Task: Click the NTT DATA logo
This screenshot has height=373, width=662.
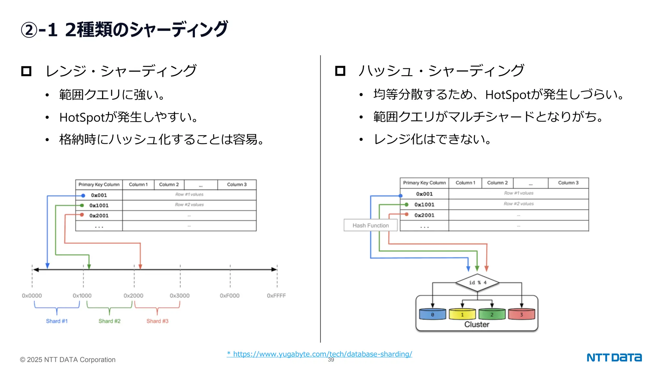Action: coord(614,357)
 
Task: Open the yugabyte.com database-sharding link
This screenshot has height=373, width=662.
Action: coord(319,354)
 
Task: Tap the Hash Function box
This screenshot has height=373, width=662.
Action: coord(370,225)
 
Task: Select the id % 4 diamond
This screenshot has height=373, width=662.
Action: coord(477,283)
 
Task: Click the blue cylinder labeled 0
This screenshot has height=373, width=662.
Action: coord(432,314)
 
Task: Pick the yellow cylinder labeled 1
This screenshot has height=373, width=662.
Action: coord(462,314)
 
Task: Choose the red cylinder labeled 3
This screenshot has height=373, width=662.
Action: coord(521,314)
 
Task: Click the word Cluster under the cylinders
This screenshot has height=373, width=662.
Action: coord(477,324)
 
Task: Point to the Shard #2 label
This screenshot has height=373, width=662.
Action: coord(109,321)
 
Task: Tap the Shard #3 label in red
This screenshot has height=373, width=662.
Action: coord(157,321)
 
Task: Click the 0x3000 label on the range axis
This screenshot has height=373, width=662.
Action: coord(179,296)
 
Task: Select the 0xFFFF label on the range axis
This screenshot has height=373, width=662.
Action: coord(276,296)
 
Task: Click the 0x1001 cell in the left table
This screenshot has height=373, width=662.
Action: coord(99,206)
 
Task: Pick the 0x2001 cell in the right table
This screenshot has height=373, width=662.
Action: coord(424,215)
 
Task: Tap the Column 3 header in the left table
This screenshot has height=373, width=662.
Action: coord(237,185)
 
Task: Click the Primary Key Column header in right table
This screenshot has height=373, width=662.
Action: coord(424,183)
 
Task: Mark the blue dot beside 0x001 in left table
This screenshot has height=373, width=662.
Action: coord(83,196)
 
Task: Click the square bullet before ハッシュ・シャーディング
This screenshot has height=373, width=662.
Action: coord(340,71)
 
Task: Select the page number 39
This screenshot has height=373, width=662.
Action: coord(331,360)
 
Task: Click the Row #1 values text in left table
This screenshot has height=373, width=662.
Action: coord(189,195)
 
